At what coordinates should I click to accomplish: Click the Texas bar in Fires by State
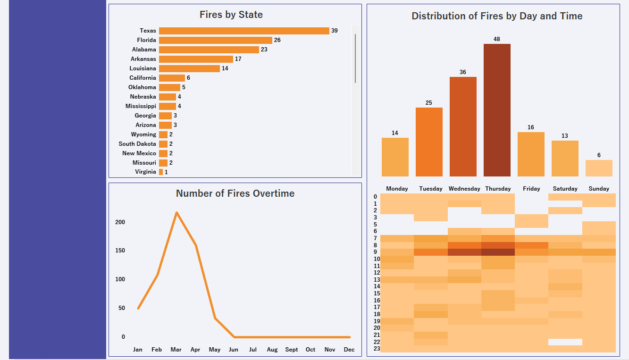[x=244, y=31]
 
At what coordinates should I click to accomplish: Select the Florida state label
[x=147, y=40]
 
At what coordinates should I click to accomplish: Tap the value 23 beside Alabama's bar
[x=264, y=50]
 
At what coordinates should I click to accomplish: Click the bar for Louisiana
[x=189, y=68]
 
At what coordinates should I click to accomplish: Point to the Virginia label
[x=145, y=172]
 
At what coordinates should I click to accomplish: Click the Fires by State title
[x=231, y=15]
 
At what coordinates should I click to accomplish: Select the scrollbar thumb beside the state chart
[x=355, y=58]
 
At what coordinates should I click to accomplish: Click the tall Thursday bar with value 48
[x=497, y=110]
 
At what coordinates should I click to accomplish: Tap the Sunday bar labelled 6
[x=599, y=168]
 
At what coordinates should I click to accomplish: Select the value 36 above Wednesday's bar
[x=463, y=72]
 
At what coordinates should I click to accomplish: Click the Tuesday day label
[x=431, y=189]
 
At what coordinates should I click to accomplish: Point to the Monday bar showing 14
[x=395, y=157]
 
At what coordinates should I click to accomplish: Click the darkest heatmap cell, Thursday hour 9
[x=498, y=252]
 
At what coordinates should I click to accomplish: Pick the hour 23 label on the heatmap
[x=375, y=349]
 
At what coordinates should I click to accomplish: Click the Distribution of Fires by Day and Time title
[x=497, y=16]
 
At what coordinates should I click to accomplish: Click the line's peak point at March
[x=176, y=213]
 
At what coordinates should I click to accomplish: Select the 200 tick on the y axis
[x=120, y=222]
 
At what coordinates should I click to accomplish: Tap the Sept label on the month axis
[x=292, y=350]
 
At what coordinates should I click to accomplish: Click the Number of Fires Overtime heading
[x=235, y=193]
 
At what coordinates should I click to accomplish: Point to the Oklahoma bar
[x=169, y=87]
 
